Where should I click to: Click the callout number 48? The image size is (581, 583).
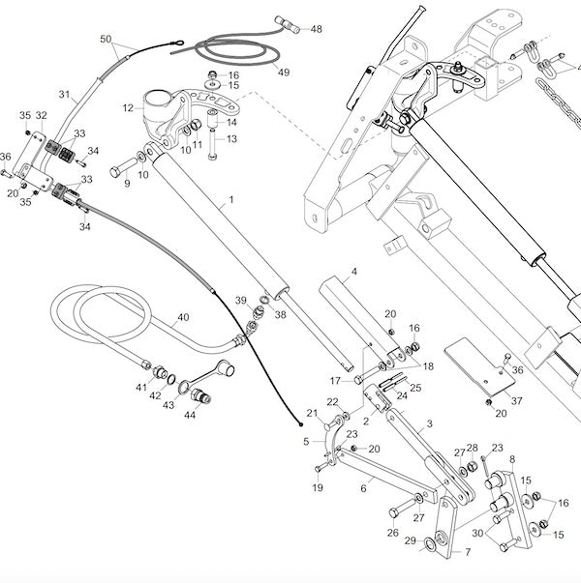[x=316, y=30]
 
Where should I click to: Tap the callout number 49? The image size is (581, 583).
[x=283, y=73]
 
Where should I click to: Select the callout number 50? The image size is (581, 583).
[x=107, y=40]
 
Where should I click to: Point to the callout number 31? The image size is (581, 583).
[x=65, y=95]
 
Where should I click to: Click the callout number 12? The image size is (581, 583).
[x=128, y=108]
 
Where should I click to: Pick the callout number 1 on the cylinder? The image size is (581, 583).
[x=231, y=204]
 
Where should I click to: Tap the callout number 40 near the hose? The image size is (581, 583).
[x=183, y=317]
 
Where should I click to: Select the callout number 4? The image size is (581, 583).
[x=354, y=273]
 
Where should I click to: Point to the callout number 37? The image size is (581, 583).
[x=517, y=400]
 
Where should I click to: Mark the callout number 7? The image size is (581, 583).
[x=468, y=553]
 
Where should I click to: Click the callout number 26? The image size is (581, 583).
[x=392, y=533]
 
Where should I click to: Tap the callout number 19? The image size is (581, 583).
[x=318, y=487]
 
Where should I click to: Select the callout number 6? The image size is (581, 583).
[x=363, y=489]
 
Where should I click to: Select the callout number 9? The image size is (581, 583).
[x=126, y=184]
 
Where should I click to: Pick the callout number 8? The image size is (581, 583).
[x=512, y=458]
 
